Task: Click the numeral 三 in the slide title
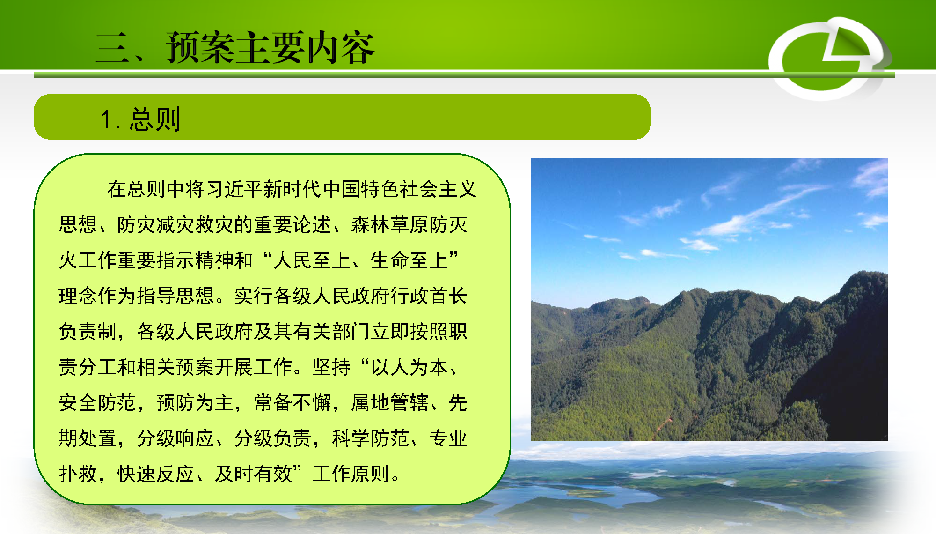[113, 48]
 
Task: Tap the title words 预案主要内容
[271, 47]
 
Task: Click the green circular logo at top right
[829, 58]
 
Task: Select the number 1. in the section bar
[110, 119]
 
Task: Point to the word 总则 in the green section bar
[155, 119]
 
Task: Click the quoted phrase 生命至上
[409, 260]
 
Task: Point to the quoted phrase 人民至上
[312, 260]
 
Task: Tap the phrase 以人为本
[409, 367]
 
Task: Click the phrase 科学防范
[370, 438]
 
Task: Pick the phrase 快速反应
[156, 474]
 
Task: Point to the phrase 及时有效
[253, 474]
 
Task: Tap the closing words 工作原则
[351, 474]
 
